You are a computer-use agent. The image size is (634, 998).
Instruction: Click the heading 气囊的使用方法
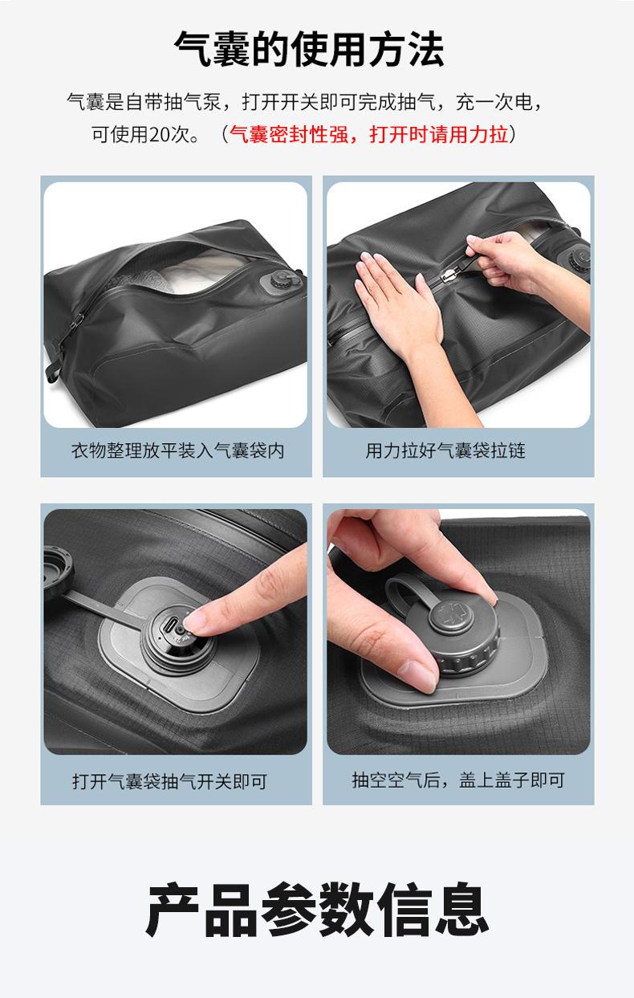point(309,49)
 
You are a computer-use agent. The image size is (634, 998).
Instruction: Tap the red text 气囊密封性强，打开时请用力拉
point(368,134)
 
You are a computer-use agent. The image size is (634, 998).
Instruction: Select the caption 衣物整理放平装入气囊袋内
point(177,450)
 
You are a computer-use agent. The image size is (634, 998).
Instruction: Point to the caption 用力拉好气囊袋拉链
point(445,450)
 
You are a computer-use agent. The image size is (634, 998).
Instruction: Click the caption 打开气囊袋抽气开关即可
point(169,781)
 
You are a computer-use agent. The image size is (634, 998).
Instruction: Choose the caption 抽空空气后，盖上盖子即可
point(458,780)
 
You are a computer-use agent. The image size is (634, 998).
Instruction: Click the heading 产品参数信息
point(316,909)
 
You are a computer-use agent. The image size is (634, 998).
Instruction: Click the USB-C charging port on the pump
point(169,625)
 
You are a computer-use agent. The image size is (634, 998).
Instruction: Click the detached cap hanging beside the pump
point(58,572)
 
